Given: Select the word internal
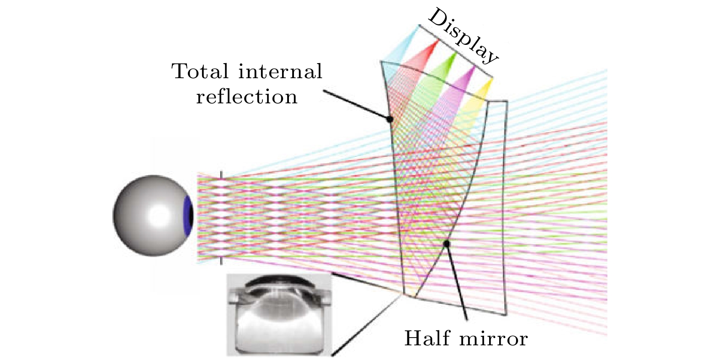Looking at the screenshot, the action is (x=280, y=71).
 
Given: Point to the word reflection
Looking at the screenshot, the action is (x=247, y=97).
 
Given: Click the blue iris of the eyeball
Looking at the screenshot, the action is (x=188, y=215).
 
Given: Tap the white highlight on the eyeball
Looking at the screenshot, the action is (x=160, y=214).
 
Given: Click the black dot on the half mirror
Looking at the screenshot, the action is (x=446, y=244).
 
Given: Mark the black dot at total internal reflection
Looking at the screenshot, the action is (x=390, y=119).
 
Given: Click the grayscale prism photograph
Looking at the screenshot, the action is (x=279, y=315).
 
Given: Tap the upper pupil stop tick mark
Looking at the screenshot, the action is (x=221, y=176).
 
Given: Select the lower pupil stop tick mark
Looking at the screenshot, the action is (x=221, y=261).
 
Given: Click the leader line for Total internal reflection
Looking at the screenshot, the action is (x=356, y=105).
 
